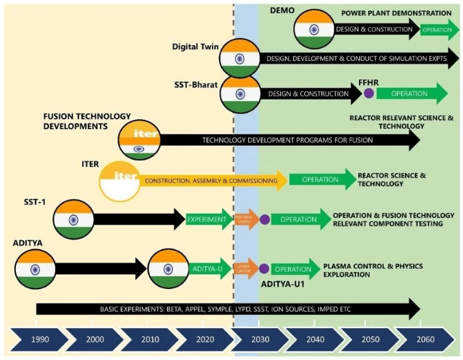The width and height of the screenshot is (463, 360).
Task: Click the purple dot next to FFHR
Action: (369, 93)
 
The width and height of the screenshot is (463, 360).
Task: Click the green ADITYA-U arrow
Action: (210, 269)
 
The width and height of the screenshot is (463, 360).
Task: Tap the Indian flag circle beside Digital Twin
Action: (240, 58)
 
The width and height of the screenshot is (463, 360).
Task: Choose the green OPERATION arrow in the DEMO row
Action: (438, 29)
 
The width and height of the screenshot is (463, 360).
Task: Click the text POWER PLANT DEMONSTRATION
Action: (397, 13)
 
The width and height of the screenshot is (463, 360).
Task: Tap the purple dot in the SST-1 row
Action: (264, 220)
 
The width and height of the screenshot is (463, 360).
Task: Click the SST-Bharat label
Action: (194, 85)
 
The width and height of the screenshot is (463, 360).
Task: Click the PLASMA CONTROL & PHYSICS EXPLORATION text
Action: (373, 270)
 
